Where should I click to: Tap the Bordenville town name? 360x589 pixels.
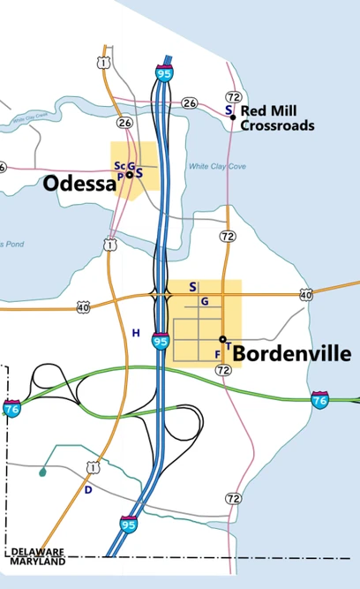click(292, 354)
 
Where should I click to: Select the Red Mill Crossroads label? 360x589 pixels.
click(277, 118)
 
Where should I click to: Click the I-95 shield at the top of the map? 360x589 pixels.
click(164, 72)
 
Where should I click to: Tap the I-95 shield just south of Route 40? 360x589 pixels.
click(161, 341)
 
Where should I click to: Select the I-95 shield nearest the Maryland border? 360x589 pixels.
click(129, 525)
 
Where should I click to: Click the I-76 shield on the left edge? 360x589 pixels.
click(11, 409)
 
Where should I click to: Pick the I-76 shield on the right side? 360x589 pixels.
click(321, 400)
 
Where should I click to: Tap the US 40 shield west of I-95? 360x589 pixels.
click(83, 307)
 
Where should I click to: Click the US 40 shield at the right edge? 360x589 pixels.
click(305, 294)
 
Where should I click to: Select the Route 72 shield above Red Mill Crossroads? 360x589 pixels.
click(233, 96)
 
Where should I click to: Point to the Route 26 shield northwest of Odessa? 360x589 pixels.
click(124, 123)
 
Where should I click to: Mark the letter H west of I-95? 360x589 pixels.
click(136, 332)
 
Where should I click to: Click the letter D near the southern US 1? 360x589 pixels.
click(87, 489)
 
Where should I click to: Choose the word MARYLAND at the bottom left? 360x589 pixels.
click(38, 562)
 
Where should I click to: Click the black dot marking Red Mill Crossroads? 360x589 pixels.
click(233, 117)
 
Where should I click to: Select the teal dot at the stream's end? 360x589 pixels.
click(42, 472)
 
